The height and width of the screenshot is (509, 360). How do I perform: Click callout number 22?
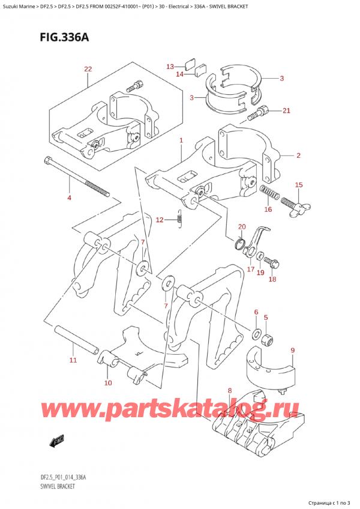tap(88, 70)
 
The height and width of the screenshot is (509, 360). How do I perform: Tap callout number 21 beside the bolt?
tap(286, 110)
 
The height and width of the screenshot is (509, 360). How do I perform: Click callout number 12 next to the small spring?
tap(159, 221)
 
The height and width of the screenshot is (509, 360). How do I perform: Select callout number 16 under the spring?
tap(268, 209)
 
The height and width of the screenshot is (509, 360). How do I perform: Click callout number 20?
tap(242, 226)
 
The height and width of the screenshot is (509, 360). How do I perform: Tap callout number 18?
tap(272, 279)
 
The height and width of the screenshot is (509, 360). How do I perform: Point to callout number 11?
tap(73, 360)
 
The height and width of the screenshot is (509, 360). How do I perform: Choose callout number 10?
tap(108, 382)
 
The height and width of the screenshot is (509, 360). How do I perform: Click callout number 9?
tap(292, 351)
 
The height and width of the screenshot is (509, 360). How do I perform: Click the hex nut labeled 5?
tap(269, 340)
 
